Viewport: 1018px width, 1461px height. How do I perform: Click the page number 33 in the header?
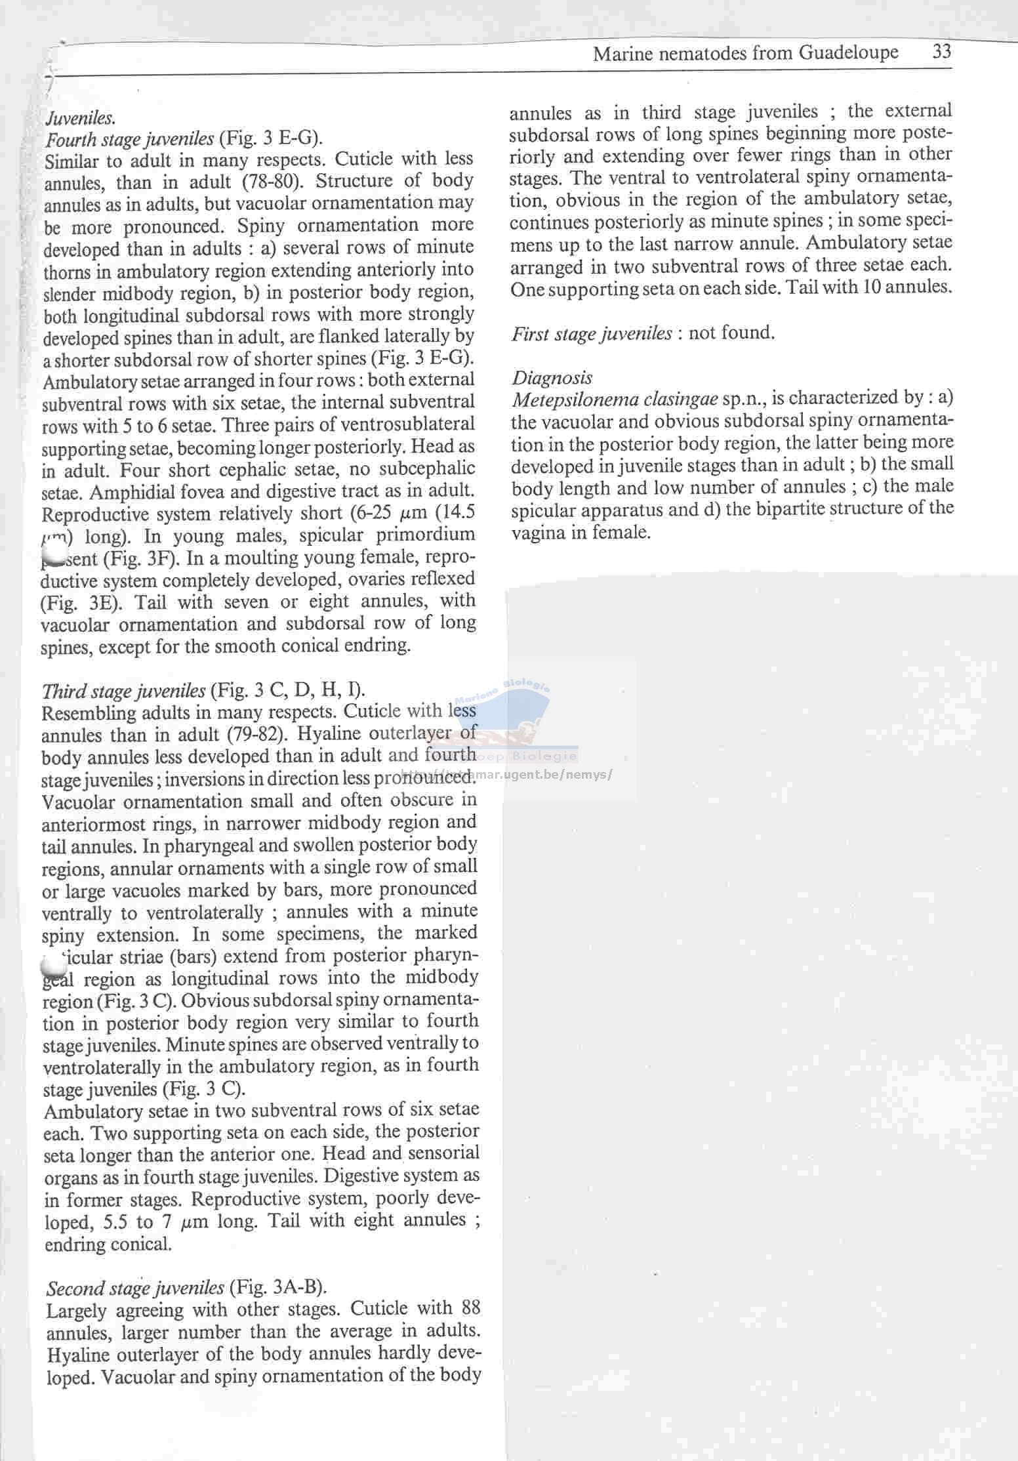click(x=941, y=51)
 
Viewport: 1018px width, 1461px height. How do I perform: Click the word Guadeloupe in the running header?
click(x=849, y=52)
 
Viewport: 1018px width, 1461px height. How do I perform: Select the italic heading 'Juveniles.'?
click(x=81, y=118)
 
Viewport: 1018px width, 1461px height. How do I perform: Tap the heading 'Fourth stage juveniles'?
click(x=129, y=139)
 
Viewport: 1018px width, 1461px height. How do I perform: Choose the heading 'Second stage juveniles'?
click(x=135, y=1288)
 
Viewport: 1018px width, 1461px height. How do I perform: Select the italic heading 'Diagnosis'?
click(x=552, y=378)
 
